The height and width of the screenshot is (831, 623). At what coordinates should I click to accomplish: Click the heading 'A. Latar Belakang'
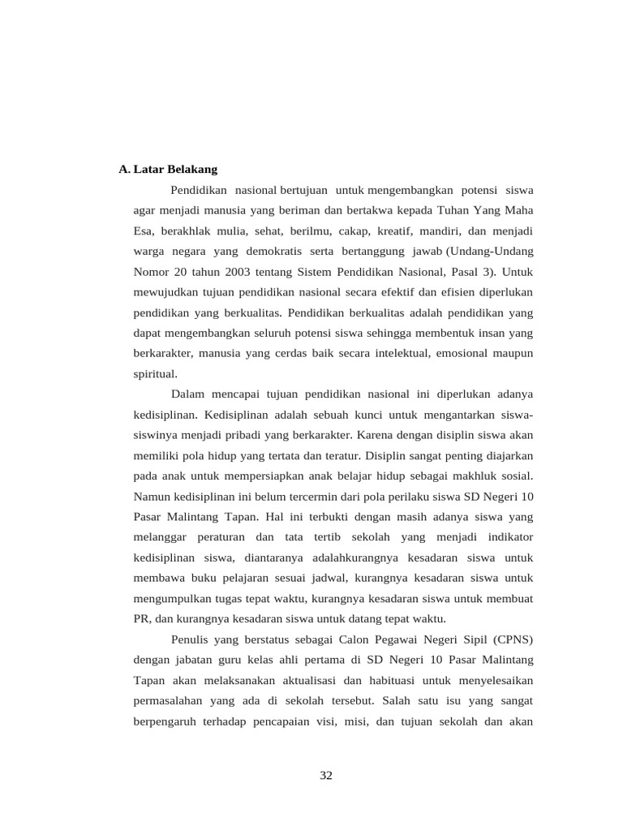coord(168,170)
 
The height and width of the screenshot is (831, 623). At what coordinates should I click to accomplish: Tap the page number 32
coord(326,775)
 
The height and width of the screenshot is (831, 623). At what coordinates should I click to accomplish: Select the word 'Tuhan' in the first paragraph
coord(445,210)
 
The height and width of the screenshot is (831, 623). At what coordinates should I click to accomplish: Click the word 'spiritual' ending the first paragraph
coord(154,373)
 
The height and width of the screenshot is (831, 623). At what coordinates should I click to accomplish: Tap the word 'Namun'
coord(152,496)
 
